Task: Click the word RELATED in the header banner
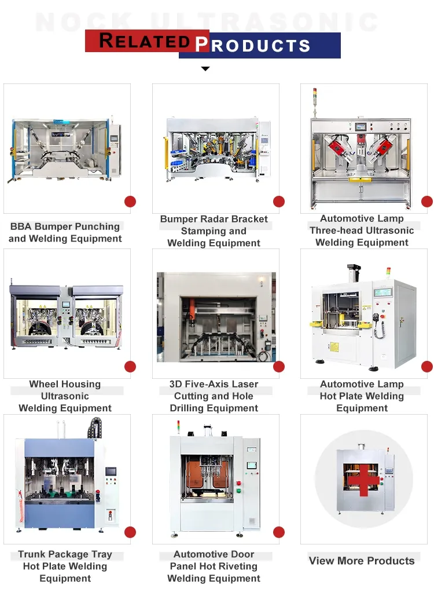[x=145, y=41]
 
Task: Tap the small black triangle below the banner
[x=205, y=69]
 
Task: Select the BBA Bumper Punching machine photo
[x=67, y=149]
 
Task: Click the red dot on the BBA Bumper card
[x=130, y=202]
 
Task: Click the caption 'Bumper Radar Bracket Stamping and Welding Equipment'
[x=214, y=231]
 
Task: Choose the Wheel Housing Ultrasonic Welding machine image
[x=67, y=316]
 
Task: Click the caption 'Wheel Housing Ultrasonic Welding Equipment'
[x=65, y=396]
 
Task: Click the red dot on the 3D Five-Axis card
[x=279, y=367]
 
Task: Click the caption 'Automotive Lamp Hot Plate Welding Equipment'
[x=362, y=396]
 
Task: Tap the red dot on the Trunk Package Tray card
[x=130, y=532]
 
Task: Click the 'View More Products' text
[x=362, y=561]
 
